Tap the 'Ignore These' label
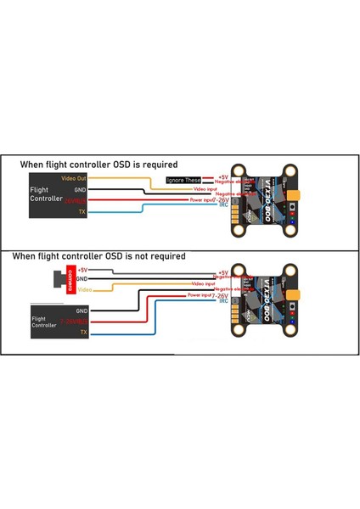point(184,180)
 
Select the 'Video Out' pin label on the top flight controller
point(75,178)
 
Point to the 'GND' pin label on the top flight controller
point(81,189)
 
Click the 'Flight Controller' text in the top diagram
point(43,194)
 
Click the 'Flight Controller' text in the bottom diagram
point(46,321)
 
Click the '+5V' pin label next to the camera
point(82,269)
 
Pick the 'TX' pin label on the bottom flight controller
point(83,333)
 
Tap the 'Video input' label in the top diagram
point(206,187)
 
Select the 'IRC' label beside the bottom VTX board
point(222,301)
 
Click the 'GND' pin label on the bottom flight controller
point(82,311)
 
